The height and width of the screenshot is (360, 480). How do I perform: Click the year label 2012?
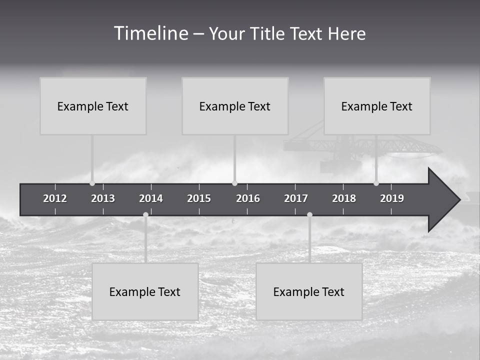(55, 198)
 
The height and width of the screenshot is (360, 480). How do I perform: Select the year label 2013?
(103, 198)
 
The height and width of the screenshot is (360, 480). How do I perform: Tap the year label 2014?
(151, 198)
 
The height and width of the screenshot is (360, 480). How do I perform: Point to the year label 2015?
(199, 198)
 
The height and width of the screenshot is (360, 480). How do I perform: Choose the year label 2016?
(248, 198)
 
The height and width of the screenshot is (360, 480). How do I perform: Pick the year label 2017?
(296, 198)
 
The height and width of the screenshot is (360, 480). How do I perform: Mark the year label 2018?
(344, 198)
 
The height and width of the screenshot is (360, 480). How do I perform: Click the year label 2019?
(392, 198)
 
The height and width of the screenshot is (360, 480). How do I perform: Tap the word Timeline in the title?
(150, 33)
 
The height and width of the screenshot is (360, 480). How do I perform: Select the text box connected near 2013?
(93, 106)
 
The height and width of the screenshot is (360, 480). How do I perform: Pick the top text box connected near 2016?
(235, 106)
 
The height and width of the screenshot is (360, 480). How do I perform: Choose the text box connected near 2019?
(377, 106)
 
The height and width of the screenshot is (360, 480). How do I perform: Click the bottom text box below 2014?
(145, 291)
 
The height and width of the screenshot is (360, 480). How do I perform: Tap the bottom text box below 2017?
(309, 291)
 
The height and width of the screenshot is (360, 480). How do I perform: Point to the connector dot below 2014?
(145, 214)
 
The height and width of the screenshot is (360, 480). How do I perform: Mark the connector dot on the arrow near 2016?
(235, 183)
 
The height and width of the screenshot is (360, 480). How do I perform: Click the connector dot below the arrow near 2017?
(309, 214)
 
